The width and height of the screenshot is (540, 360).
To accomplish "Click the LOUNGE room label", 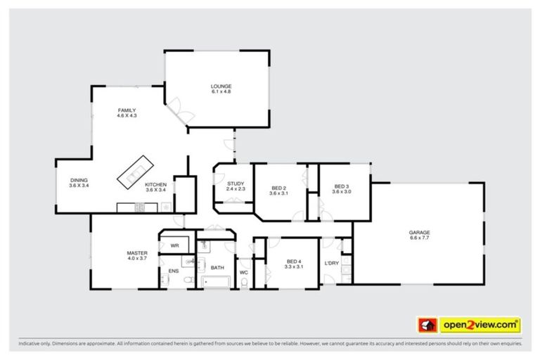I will coord(221,86).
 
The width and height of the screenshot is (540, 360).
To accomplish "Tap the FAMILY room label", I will coord(127,110).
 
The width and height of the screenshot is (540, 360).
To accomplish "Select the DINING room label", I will coord(78,180).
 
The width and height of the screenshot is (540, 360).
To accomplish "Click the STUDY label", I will coord(236,183).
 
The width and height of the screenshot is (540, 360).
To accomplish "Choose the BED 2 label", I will coord(279,188).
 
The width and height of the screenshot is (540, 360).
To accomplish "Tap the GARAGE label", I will coord(420,232).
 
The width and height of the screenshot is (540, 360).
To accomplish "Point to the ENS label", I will coord(173,271).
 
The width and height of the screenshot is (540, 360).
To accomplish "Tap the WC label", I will coord(243,271).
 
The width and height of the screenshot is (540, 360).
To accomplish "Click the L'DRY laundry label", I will coord(332,264).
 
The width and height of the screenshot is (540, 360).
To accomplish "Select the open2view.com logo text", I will coord(480,325).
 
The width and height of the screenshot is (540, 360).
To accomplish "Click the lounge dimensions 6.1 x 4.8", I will coord(221,92).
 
